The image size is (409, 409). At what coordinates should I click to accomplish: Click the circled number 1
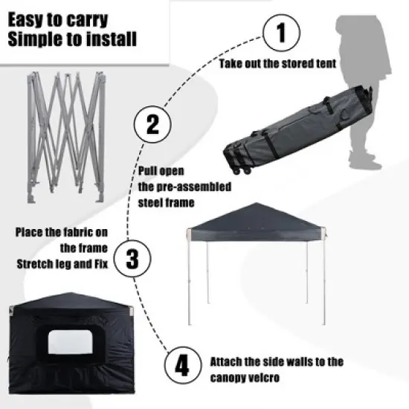tap(281, 34)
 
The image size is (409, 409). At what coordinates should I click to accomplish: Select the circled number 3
tap(132, 260)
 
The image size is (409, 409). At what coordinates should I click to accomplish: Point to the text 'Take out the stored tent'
tap(279, 64)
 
